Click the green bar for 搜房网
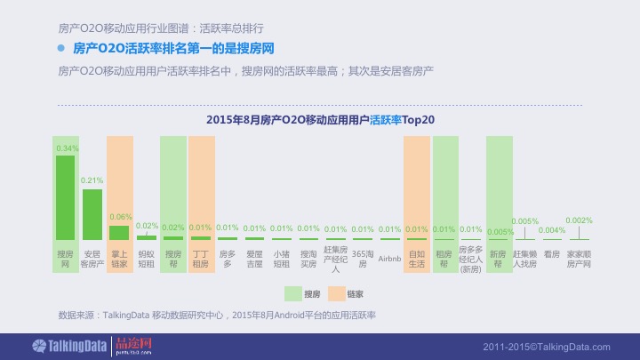pyautogui.click(x=65, y=197)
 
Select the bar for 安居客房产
pyautogui.click(x=92, y=214)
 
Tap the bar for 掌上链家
pyautogui.click(x=119, y=232)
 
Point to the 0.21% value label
pyautogui.click(x=92, y=180)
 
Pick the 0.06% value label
pyautogui.click(x=120, y=217)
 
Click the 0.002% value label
pyautogui.click(x=579, y=220)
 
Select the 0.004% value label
pyautogui.click(x=552, y=230)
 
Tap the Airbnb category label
pyautogui.click(x=389, y=259)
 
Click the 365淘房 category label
pyautogui.click(x=363, y=259)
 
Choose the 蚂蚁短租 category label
pyautogui.click(x=147, y=259)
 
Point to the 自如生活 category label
pyautogui.click(x=416, y=259)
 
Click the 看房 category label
pyautogui.click(x=552, y=254)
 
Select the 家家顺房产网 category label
pyautogui.click(x=579, y=259)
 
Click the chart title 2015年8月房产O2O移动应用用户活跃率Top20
pyautogui.click(x=320, y=119)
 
